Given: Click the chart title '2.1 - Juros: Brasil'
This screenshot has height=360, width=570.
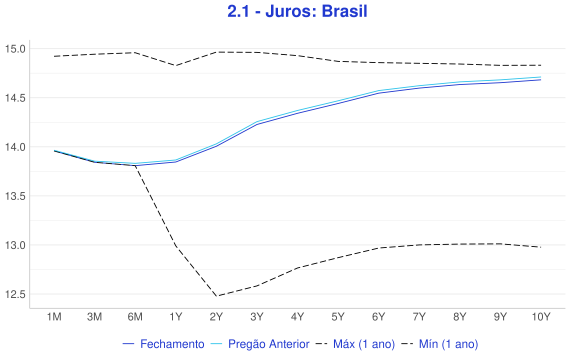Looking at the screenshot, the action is [297, 11].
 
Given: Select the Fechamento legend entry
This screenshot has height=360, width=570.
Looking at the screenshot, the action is [164, 344].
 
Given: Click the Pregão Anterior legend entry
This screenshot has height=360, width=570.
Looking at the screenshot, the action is [260, 344].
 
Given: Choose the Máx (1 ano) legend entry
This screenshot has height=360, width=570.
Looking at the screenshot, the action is [355, 344].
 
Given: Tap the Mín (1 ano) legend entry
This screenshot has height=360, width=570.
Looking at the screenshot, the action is [439, 344].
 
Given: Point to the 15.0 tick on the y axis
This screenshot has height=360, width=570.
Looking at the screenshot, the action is [15, 49].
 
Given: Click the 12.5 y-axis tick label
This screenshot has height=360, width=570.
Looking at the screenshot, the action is [15, 294].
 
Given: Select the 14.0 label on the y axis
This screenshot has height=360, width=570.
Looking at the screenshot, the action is [15, 147].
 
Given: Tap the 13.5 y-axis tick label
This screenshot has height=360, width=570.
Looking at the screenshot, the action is [15, 196].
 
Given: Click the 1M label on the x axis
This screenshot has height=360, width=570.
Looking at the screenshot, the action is [54, 317].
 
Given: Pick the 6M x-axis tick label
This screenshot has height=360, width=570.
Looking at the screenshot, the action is [135, 317].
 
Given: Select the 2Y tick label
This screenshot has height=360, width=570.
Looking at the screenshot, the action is [216, 317].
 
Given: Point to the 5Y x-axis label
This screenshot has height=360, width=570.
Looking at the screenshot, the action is [338, 317].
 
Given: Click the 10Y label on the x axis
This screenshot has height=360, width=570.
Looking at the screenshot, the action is [541, 317].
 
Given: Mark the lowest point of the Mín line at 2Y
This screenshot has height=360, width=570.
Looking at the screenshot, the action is [216, 296].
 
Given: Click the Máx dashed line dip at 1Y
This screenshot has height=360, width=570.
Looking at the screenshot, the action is [176, 65].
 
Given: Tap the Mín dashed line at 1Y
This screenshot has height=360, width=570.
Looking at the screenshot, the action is [176, 245].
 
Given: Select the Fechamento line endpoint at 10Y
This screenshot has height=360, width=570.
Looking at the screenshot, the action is [541, 80].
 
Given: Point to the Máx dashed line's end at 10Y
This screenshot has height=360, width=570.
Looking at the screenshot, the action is [541, 65].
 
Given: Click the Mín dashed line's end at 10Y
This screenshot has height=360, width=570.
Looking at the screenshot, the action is [541, 247].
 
